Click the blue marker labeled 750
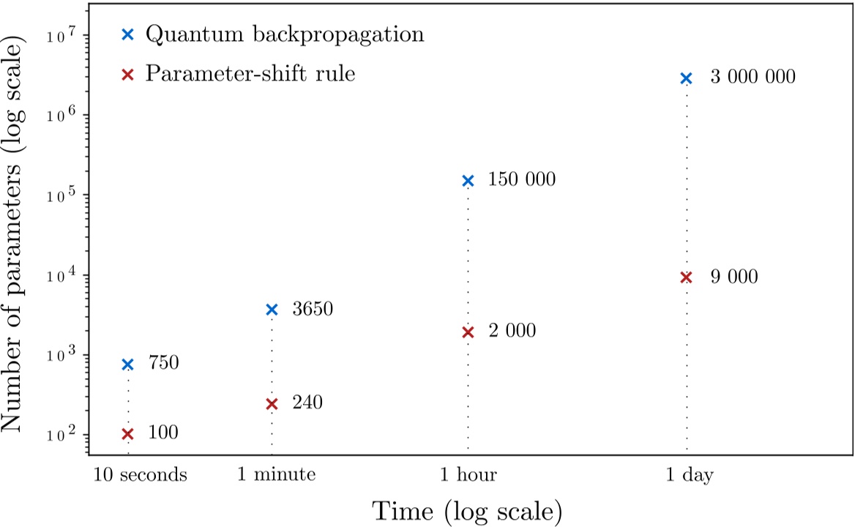(x=127, y=364)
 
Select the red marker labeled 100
(x=127, y=433)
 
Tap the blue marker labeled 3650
(x=272, y=310)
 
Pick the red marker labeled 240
(x=272, y=403)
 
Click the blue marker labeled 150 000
(x=468, y=181)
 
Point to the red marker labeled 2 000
(x=468, y=332)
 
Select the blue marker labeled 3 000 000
(x=686, y=78)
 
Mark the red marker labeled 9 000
(x=686, y=277)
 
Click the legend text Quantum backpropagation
(x=284, y=34)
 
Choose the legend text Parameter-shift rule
(x=250, y=74)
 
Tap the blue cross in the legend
(x=127, y=34)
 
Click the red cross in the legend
(x=127, y=74)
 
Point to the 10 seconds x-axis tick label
(x=140, y=475)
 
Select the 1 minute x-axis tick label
(x=276, y=475)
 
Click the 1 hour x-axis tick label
(x=469, y=475)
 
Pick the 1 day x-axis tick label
(x=690, y=475)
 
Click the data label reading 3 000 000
(x=753, y=77)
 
